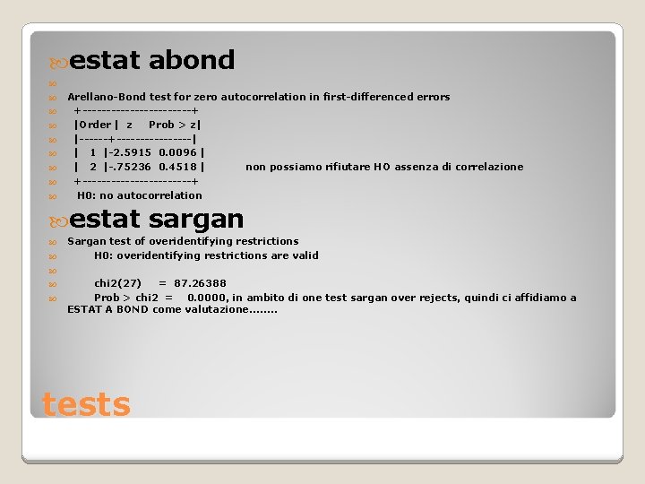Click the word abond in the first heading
pos(192,61)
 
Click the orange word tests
pos(86,404)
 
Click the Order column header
pos(93,125)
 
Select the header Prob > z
pos(174,125)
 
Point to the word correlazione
pos(488,167)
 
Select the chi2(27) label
pos(117,283)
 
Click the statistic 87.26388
pos(200,283)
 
